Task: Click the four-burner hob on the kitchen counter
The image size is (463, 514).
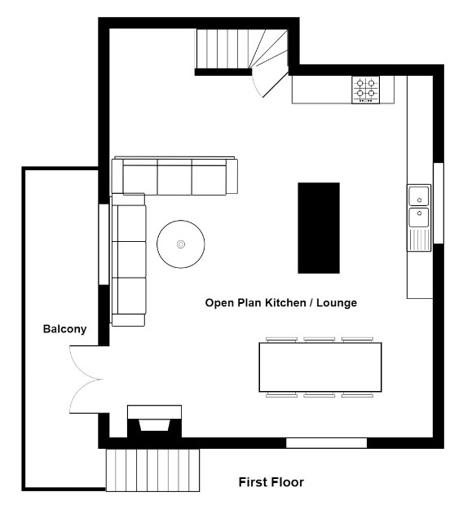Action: pos(365,90)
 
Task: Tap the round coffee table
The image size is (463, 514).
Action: pos(181,244)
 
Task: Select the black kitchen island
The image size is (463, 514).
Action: pos(319,228)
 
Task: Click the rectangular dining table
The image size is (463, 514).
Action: pos(320,367)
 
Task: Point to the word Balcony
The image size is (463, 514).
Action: pos(64,329)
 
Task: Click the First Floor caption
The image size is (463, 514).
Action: pos(271,482)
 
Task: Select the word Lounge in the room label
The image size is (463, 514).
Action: pos(337,302)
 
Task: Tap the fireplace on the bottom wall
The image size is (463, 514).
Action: pos(154,421)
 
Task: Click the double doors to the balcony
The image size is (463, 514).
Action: pos(86,380)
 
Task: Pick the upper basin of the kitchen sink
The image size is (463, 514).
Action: pos(419,196)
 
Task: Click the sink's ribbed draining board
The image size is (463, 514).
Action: pos(419,239)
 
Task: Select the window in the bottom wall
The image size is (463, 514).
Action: pos(326,443)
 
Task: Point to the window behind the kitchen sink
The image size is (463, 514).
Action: pos(439,204)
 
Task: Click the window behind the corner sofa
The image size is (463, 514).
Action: pos(104,244)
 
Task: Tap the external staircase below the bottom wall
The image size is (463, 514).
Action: pos(152,470)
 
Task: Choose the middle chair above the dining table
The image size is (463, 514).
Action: pos(320,340)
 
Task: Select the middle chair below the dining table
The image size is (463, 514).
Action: pos(320,395)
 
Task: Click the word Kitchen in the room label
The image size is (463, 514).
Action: pos(285,302)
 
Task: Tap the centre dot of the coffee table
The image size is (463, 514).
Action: pos(181,244)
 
